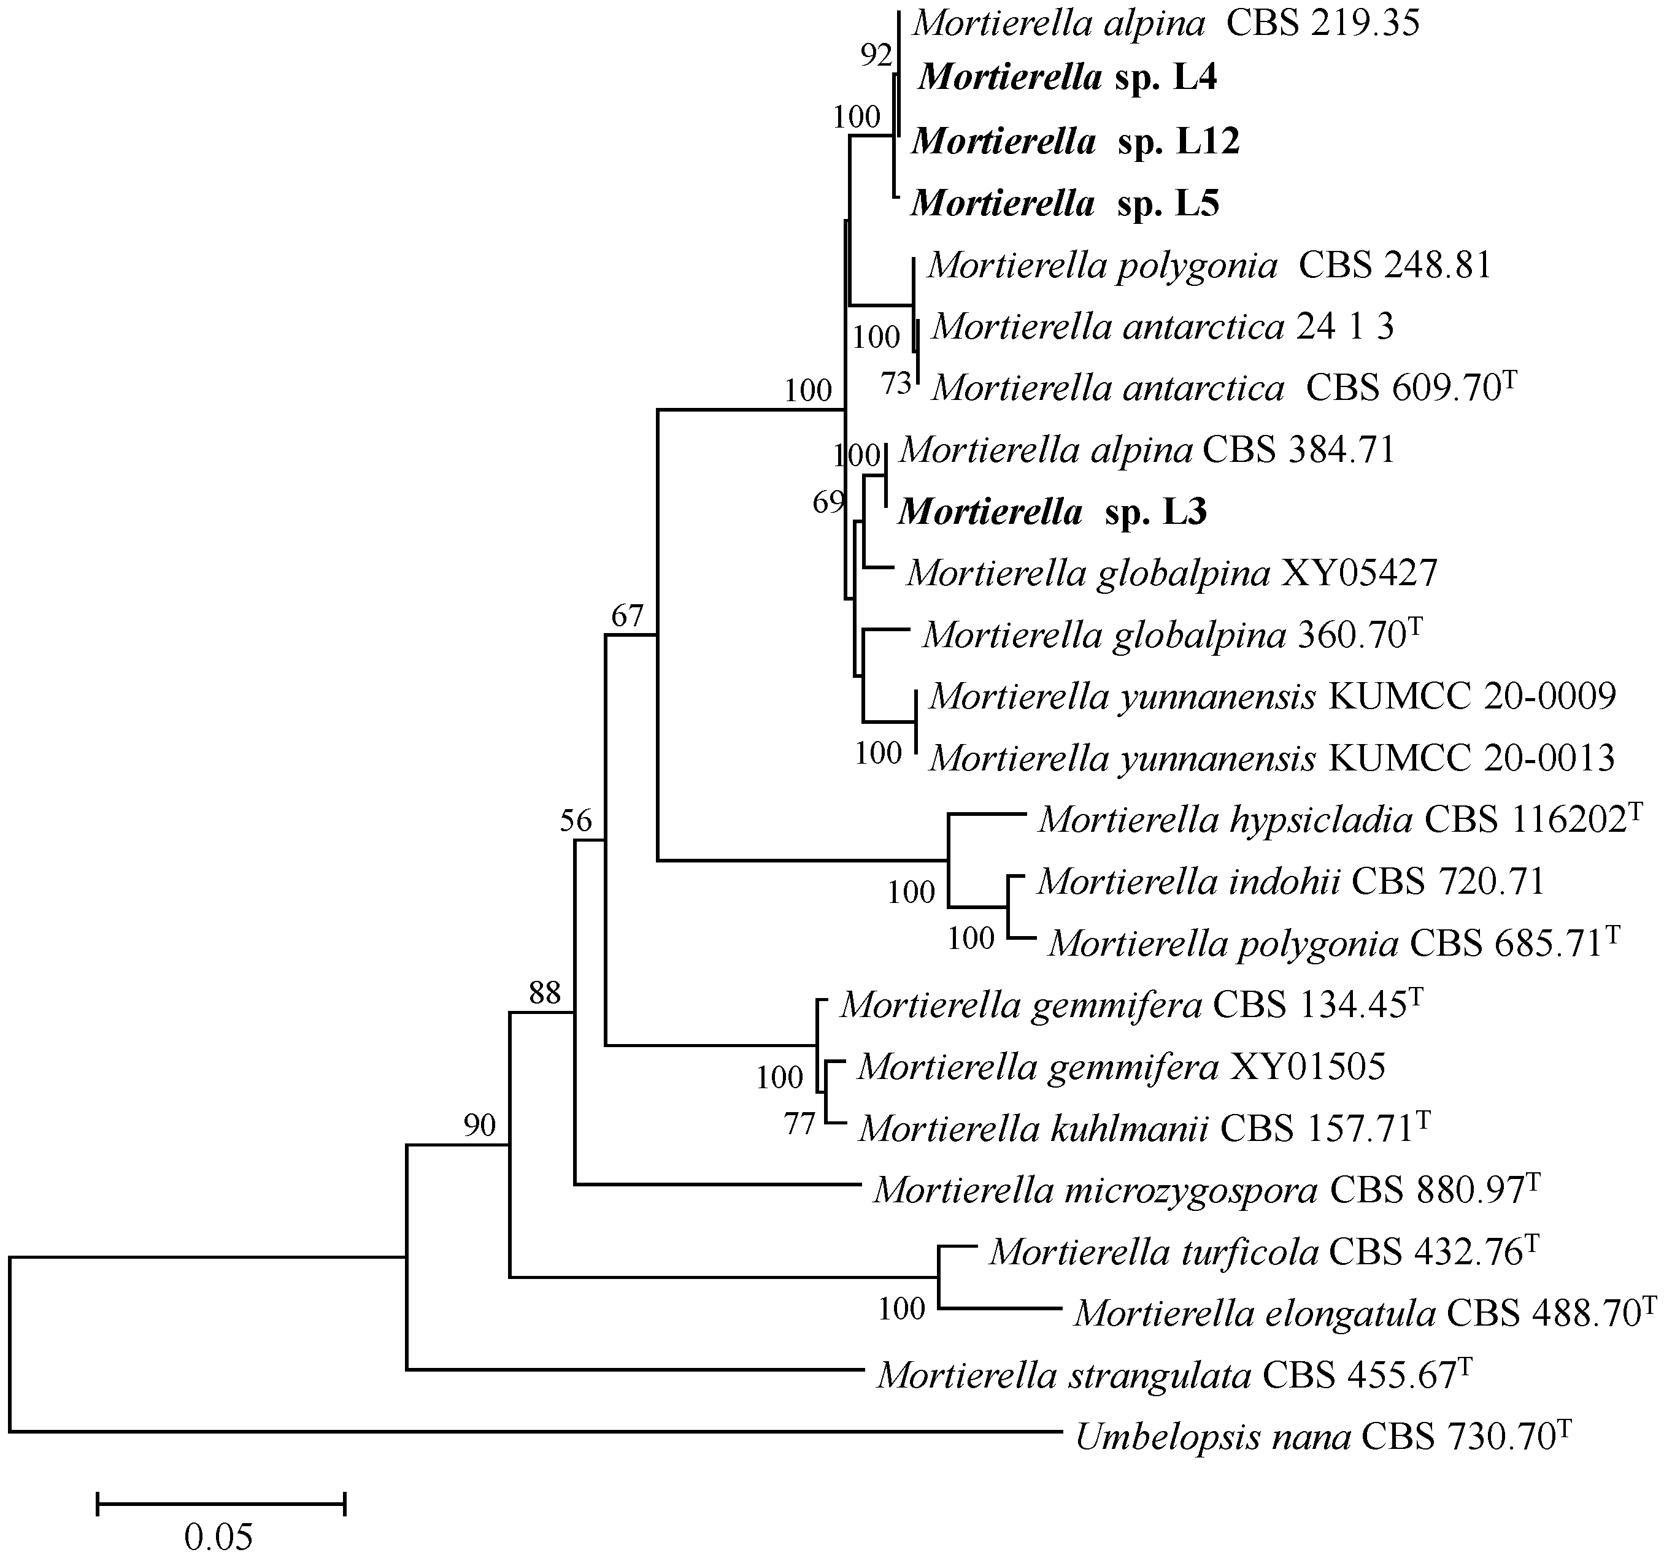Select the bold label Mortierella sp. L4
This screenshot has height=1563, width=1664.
1067,78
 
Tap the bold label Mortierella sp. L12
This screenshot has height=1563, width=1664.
1075,142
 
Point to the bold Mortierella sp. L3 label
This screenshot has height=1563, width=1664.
1052,512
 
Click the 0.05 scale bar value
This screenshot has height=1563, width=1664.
218,1537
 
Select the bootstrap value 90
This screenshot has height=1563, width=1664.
480,1126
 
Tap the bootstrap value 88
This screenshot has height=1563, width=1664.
544,993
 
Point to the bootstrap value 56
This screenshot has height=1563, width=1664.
576,821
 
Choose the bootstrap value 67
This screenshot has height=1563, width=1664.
627,616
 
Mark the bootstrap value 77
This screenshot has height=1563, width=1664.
799,1124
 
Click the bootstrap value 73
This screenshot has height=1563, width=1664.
896,384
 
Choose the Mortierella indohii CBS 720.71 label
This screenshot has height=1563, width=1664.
1290,882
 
